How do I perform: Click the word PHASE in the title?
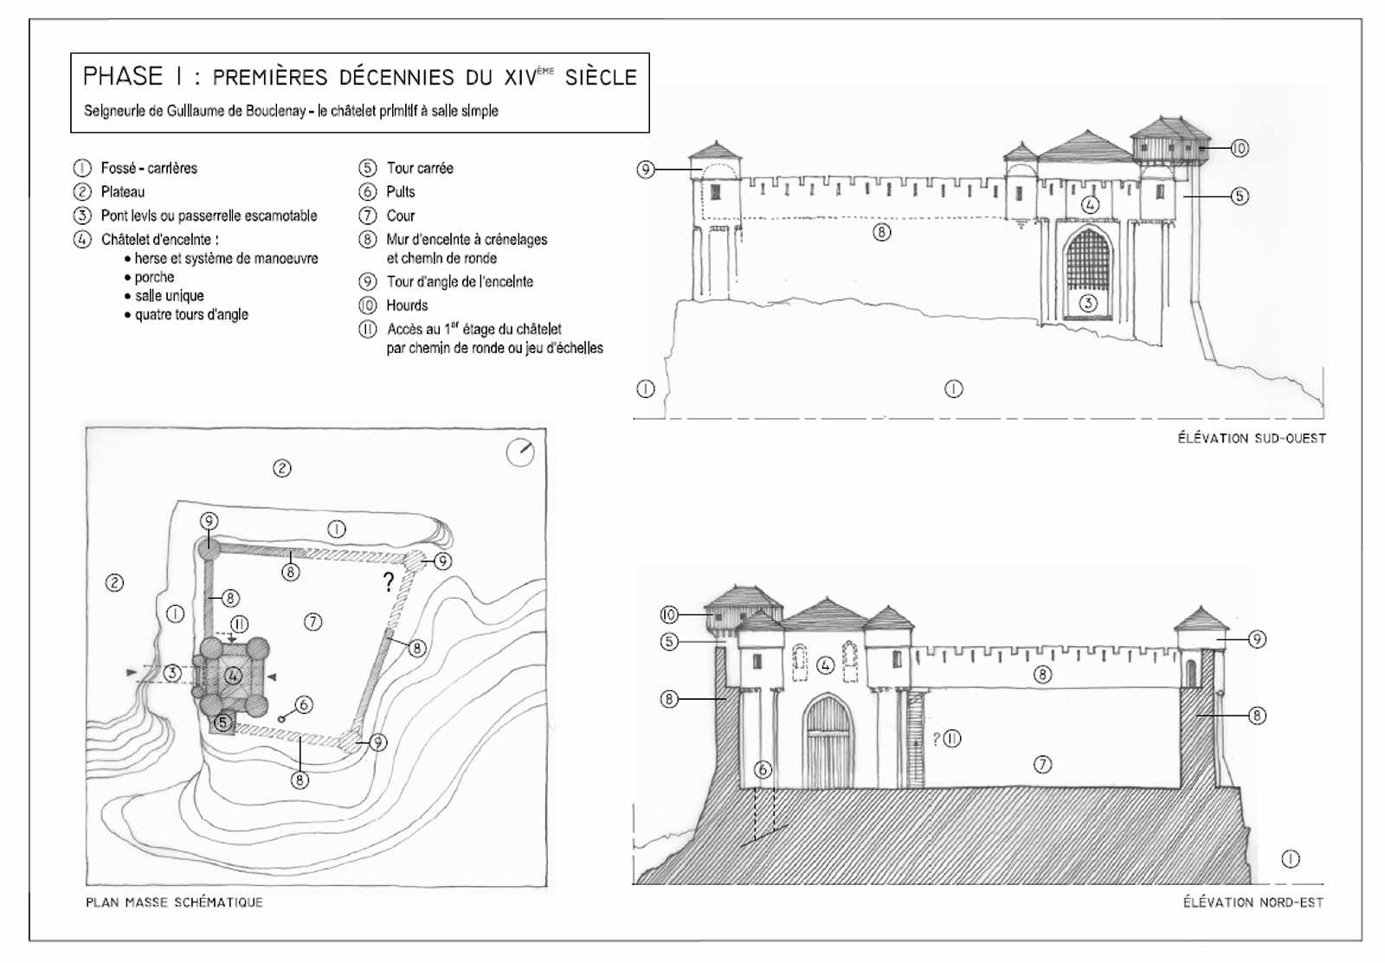point(122,77)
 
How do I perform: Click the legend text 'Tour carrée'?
point(419,168)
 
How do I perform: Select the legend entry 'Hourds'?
point(407,305)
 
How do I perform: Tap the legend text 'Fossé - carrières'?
point(149,168)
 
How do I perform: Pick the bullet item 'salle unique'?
point(170,296)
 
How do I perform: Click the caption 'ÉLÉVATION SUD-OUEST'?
point(1251,439)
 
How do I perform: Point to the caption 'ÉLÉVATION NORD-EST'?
point(1253,902)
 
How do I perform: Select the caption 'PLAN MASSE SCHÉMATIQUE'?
point(174,902)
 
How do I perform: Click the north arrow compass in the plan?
point(520,453)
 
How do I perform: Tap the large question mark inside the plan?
point(389,582)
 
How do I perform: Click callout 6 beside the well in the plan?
point(304,705)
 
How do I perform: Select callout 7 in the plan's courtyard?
point(313,621)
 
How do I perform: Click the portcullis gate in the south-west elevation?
point(1087,260)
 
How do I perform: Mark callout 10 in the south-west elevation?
point(1240,149)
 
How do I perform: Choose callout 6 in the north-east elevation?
point(763,769)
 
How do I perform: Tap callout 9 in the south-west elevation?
point(646,170)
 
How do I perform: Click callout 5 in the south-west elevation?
point(1240,196)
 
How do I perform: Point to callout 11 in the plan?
point(240,624)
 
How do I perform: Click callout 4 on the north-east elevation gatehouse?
point(826,665)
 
